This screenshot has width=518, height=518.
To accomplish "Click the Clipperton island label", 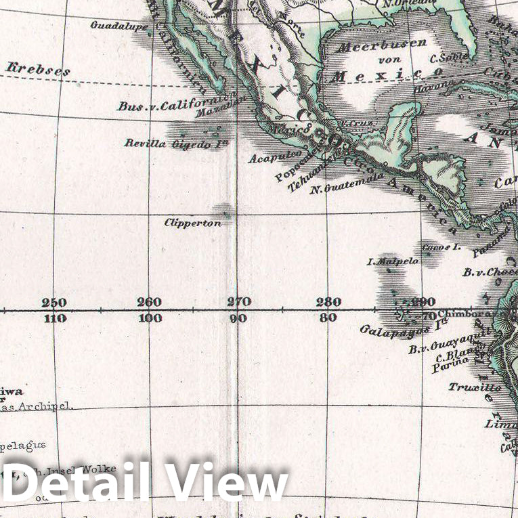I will click(x=193, y=222).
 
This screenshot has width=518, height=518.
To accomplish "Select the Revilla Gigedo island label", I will click(x=176, y=143).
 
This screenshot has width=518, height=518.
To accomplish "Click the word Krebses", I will click(x=30, y=68).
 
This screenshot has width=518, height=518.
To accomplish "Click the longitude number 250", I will click(x=54, y=302).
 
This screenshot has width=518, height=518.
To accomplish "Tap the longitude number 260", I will click(x=149, y=302).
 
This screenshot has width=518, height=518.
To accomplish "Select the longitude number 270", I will click(x=239, y=301).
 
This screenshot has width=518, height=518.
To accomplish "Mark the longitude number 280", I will click(x=328, y=301).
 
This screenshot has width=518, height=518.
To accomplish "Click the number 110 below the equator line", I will click(x=54, y=318).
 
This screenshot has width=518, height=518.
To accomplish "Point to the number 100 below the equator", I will click(x=149, y=318).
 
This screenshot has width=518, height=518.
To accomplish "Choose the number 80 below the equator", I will click(x=328, y=318).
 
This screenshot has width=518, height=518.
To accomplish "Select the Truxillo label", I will click(x=475, y=387).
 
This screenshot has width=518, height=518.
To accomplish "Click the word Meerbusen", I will click(x=382, y=45).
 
